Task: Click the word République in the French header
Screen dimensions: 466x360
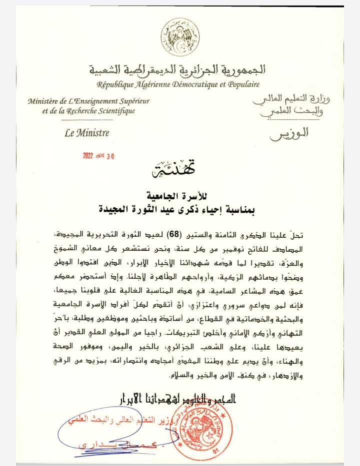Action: pyautogui.click(x=117, y=84)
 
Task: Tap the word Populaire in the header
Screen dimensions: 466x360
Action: pyautogui.click(x=240, y=84)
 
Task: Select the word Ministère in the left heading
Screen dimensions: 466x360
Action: pyautogui.click(x=44, y=101)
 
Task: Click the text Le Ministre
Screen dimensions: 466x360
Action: pyautogui.click(x=86, y=133)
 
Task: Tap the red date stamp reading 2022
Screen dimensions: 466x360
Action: pyautogui.click(x=98, y=156)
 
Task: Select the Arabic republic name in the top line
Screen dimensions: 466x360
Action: pyautogui.click(x=180, y=70)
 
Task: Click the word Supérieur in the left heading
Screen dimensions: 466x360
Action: pyautogui.click(x=131, y=101)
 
